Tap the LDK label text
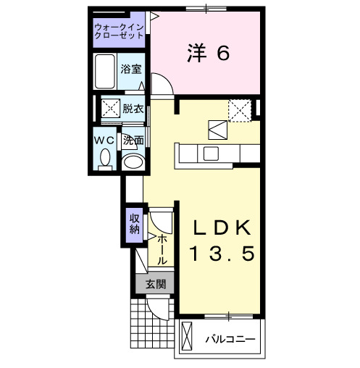[x=223, y=228]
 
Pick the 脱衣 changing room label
[x=133, y=109]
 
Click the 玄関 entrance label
[x=154, y=284]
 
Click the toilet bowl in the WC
[x=106, y=157]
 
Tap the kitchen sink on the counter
[x=212, y=154]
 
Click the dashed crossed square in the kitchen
[x=240, y=110]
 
